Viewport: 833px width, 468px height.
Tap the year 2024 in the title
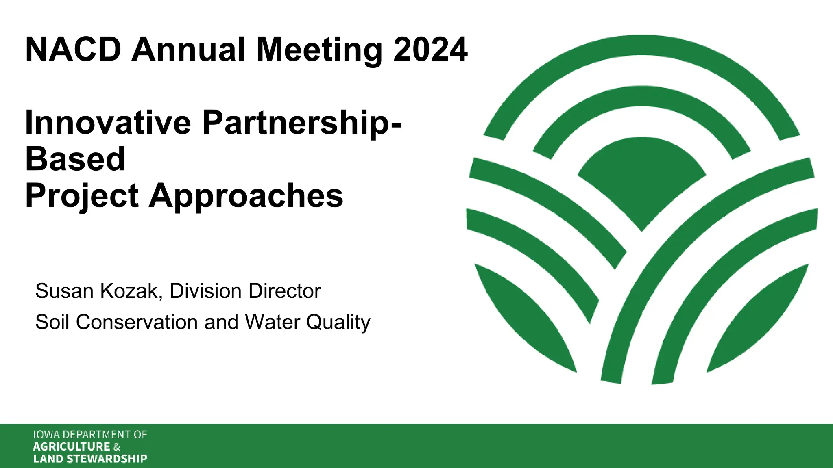[x=430, y=50]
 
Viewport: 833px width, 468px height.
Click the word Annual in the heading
[x=188, y=50]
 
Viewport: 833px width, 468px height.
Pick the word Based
[x=75, y=159]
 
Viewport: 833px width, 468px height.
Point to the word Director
[x=285, y=291]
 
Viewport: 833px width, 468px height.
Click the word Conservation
[x=137, y=322]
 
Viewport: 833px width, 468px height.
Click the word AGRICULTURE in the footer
[x=72, y=447]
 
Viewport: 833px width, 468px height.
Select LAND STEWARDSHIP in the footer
[x=90, y=459]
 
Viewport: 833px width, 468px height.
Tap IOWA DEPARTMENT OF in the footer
[x=90, y=435]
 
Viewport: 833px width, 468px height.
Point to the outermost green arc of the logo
[x=641, y=45]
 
